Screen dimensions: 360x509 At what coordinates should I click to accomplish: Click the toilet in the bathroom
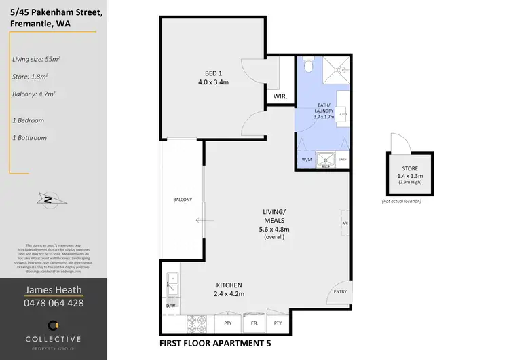point(308,66)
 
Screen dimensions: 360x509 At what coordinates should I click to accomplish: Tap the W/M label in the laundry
point(306,160)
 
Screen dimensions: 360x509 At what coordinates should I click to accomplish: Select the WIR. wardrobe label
point(280,97)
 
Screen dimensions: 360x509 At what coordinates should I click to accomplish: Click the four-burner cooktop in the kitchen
point(195,321)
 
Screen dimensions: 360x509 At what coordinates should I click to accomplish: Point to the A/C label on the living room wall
point(345,223)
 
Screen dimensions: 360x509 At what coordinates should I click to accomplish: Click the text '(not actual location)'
point(402,202)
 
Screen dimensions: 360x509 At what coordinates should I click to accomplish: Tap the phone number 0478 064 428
point(54,303)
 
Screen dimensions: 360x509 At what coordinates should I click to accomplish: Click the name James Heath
point(54,290)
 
